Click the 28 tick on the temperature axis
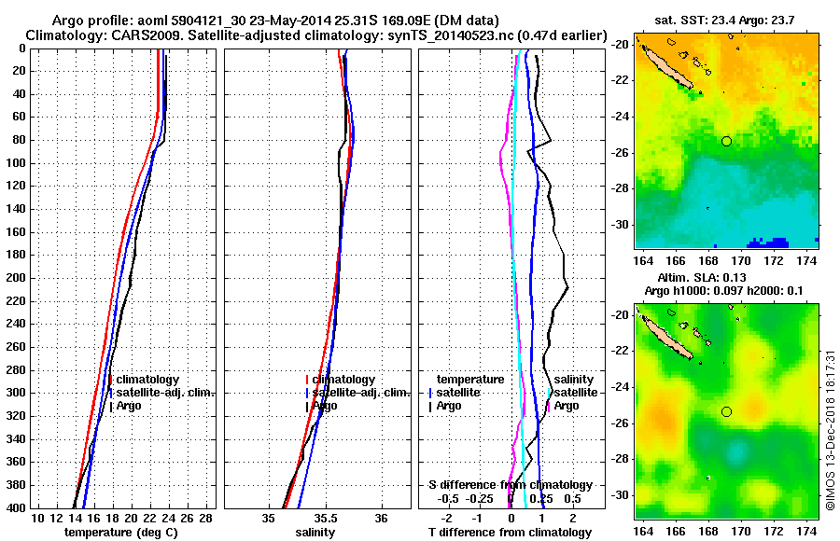(206, 518)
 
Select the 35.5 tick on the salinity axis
(326, 518)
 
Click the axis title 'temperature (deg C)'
(122, 532)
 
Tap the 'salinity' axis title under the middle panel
(317, 532)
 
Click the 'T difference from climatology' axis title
(510, 532)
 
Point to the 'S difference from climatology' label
(510, 485)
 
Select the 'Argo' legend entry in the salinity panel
(326, 406)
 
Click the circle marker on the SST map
(727, 141)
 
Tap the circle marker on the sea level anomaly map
(727, 411)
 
